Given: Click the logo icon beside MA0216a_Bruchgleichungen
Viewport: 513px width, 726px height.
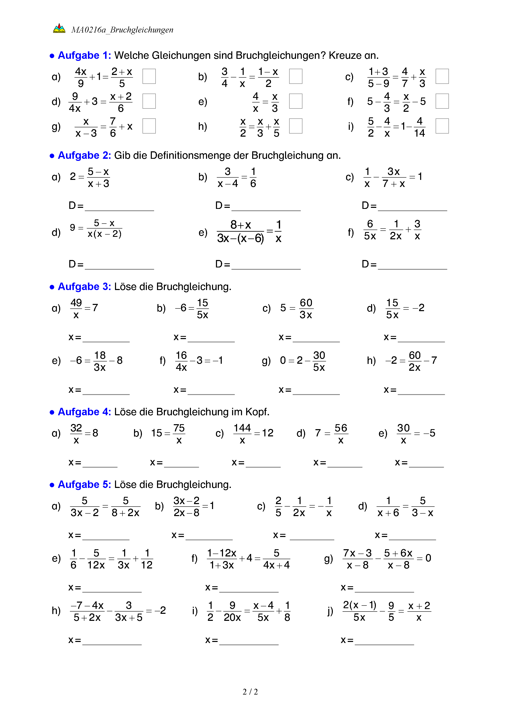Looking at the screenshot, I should click(59, 28).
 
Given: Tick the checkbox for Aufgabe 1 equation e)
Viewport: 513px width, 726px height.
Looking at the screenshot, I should click(295, 101).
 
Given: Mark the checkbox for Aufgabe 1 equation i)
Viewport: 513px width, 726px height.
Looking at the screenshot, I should click(442, 126).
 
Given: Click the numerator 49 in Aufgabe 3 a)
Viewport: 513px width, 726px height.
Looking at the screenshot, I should click(76, 303).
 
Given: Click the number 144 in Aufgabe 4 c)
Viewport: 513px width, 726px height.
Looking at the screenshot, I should click(242, 428).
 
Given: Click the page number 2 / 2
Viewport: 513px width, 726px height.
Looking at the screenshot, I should click(250, 692).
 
